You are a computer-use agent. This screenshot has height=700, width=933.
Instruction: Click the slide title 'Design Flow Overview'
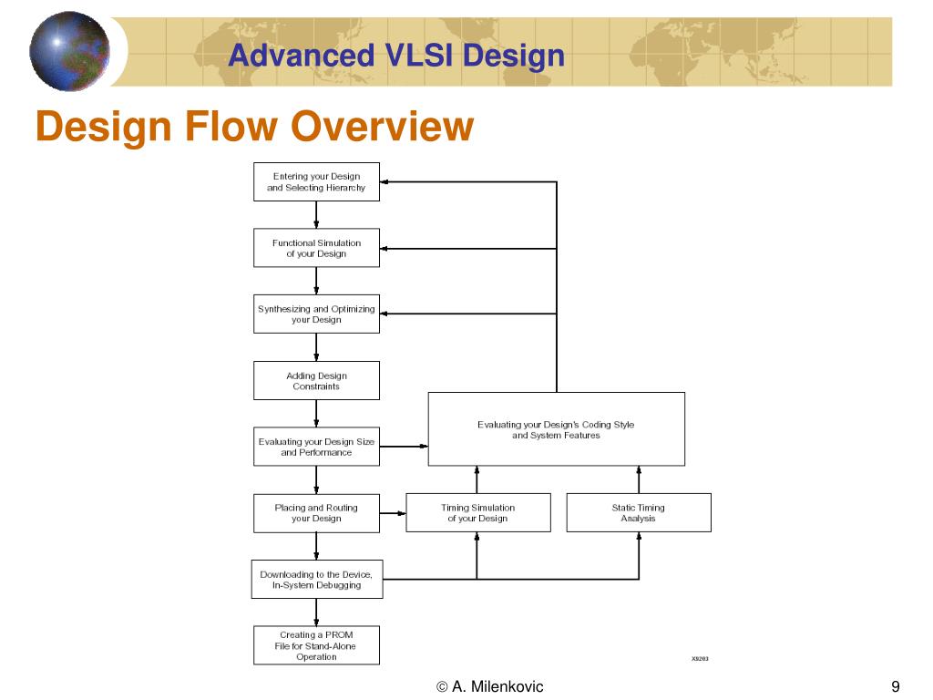(254, 126)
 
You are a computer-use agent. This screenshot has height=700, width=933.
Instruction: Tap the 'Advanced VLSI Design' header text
(396, 57)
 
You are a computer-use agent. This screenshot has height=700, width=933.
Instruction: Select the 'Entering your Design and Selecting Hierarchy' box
(316, 181)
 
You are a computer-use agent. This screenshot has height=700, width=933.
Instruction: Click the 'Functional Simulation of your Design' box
(316, 248)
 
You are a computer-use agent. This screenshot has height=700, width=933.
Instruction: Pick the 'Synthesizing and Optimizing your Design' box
(316, 314)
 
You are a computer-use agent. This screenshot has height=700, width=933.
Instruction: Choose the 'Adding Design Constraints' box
(316, 381)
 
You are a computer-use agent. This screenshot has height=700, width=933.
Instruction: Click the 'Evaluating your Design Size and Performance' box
(316, 447)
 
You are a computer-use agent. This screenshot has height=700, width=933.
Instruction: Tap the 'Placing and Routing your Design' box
(316, 513)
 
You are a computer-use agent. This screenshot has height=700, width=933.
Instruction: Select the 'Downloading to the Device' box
(316, 580)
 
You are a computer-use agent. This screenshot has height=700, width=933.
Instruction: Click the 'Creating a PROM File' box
(316, 645)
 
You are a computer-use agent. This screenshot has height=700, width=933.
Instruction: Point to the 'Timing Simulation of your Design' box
(477, 513)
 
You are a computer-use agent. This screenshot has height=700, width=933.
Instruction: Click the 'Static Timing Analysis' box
(638, 513)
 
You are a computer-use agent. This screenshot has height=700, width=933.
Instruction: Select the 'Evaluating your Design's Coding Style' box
(556, 429)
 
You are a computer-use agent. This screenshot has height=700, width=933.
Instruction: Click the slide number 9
(896, 686)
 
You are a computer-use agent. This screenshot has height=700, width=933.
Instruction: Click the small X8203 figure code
(700, 657)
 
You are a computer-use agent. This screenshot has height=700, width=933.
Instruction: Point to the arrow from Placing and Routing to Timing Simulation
(393, 513)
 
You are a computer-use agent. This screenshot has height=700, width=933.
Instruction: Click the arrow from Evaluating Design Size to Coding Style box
(404, 447)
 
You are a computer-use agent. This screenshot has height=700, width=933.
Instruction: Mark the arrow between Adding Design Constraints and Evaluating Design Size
(316, 414)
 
